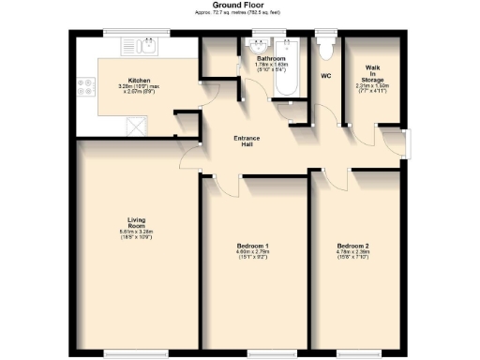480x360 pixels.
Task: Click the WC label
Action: click(x=326, y=76)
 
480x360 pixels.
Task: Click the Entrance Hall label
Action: click(x=247, y=142)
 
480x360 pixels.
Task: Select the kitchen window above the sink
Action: click(x=136, y=32)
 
